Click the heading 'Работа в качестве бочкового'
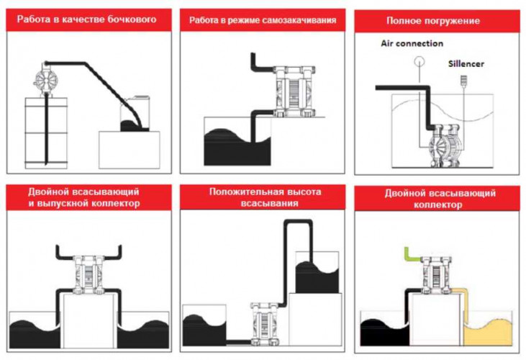point(88,20)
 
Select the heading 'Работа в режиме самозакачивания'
point(263,20)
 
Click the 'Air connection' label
point(412,44)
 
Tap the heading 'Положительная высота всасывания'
point(263,198)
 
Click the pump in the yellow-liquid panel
point(435,273)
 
